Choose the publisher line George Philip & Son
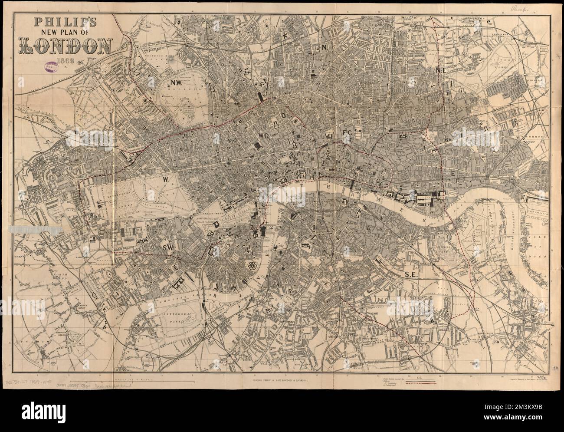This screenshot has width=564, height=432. pos(282,371)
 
